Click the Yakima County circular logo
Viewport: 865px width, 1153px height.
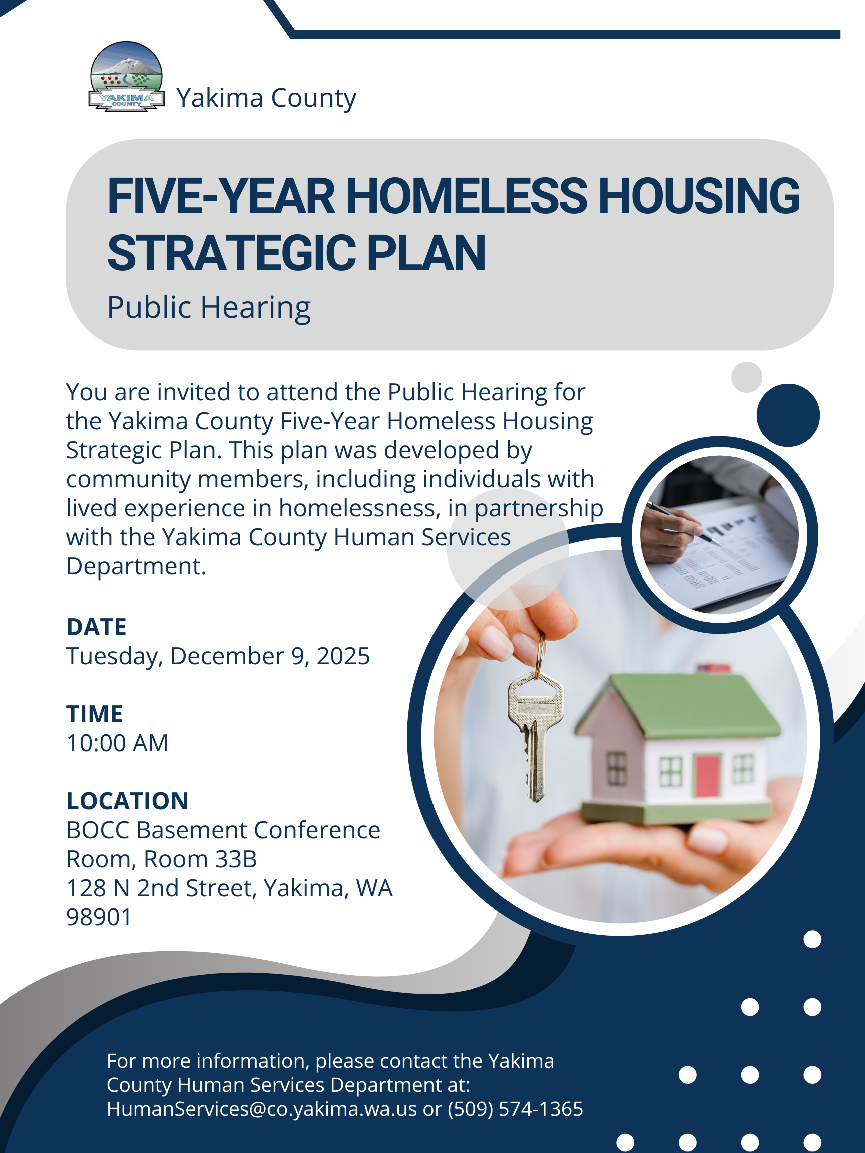tap(126, 76)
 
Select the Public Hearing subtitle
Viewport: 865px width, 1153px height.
tap(209, 308)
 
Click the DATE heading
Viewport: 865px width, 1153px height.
tap(97, 627)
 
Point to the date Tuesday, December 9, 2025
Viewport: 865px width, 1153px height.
tap(218, 656)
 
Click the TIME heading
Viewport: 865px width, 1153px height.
tap(95, 714)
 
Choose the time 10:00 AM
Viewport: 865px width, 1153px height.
tap(117, 743)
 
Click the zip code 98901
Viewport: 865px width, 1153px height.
tap(99, 917)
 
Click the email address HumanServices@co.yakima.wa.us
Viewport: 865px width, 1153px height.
tap(262, 1109)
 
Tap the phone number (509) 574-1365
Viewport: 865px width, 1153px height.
tap(515, 1109)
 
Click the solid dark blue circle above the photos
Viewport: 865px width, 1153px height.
tap(788, 415)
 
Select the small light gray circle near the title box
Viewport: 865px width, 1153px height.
tap(747, 377)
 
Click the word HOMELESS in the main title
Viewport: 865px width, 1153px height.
tap(467, 197)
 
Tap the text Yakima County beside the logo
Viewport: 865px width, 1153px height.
tap(266, 98)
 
